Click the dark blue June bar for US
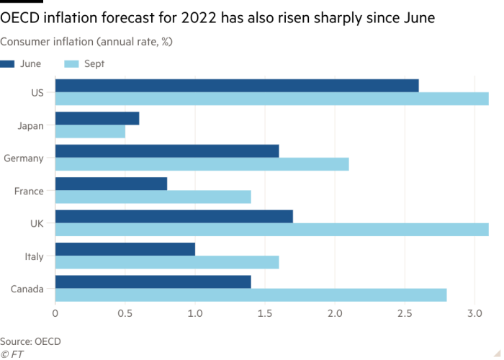[237, 86]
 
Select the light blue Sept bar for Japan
[90, 132]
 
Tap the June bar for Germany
[167, 151]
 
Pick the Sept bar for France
[153, 197]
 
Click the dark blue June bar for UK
[174, 217]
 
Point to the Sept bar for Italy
[167, 262]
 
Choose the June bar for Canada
[153, 282]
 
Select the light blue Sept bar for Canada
[251, 295]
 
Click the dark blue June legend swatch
[7, 64]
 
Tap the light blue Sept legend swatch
[71, 64]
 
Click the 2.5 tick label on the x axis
[405, 313]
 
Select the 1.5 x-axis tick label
[265, 313]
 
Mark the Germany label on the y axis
[24, 158]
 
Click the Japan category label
[30, 126]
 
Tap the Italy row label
[34, 257]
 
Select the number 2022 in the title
[199, 18]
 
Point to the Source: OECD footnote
[30, 341]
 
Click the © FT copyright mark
[12, 354]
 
